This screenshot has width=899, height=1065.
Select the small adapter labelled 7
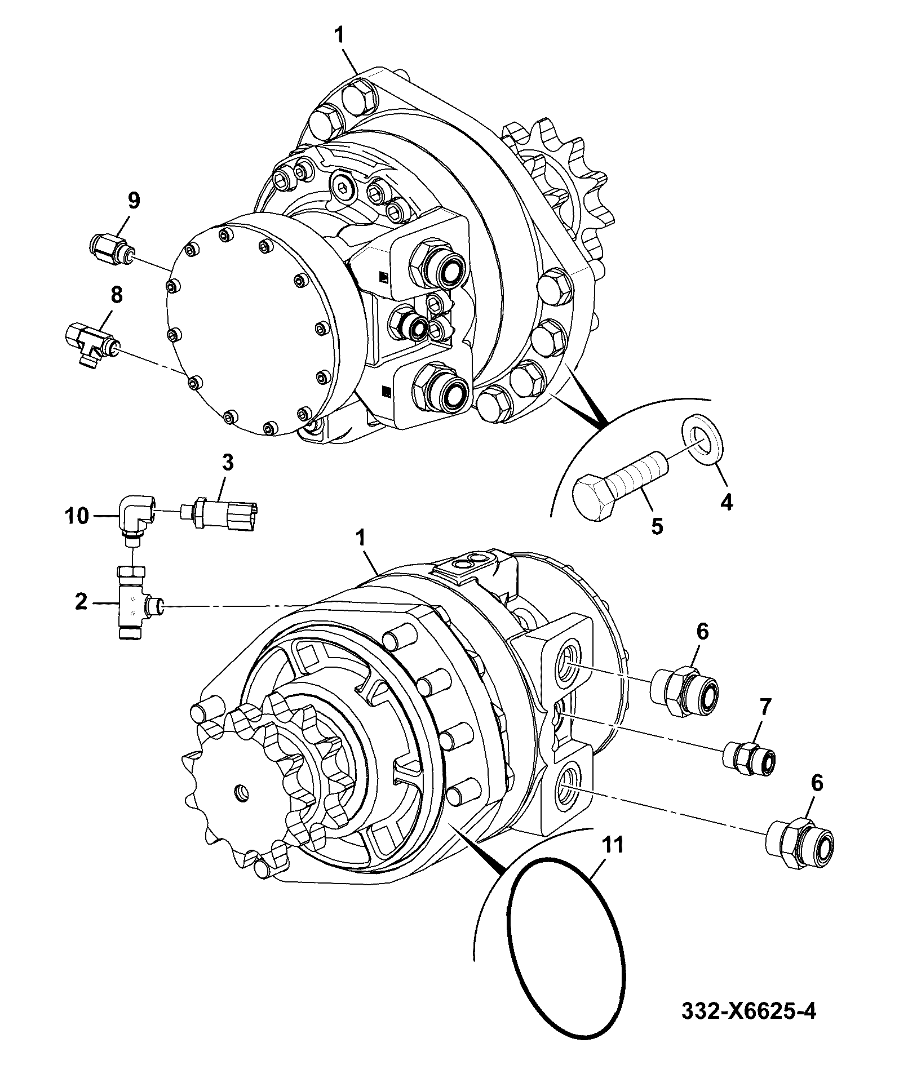click(749, 756)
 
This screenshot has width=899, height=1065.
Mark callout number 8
click(116, 294)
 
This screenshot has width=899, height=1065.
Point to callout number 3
click(227, 464)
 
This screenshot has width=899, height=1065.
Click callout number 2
click(81, 602)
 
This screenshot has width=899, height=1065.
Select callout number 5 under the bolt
click(657, 526)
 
